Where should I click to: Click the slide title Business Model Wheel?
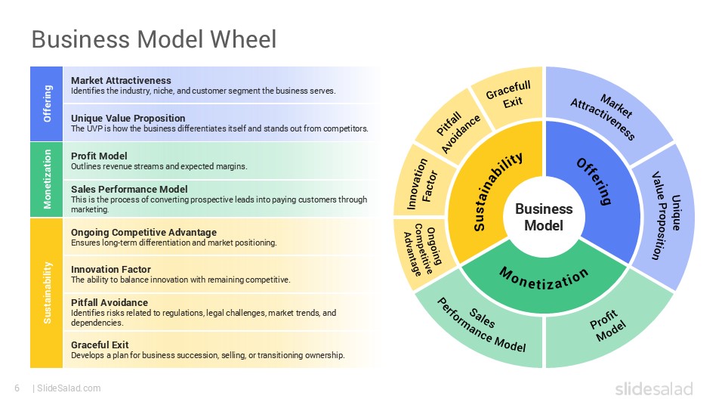point(153,39)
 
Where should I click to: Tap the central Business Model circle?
point(544,217)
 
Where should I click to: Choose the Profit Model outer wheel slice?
point(608,326)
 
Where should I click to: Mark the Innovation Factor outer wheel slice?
point(420,182)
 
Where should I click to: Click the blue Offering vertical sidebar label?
point(47,104)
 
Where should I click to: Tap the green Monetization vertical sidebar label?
point(47,179)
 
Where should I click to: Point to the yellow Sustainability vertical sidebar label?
point(47,292)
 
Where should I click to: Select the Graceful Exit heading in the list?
point(100,345)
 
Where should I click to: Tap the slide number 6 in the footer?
point(16,388)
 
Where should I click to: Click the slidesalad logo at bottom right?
point(653,388)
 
